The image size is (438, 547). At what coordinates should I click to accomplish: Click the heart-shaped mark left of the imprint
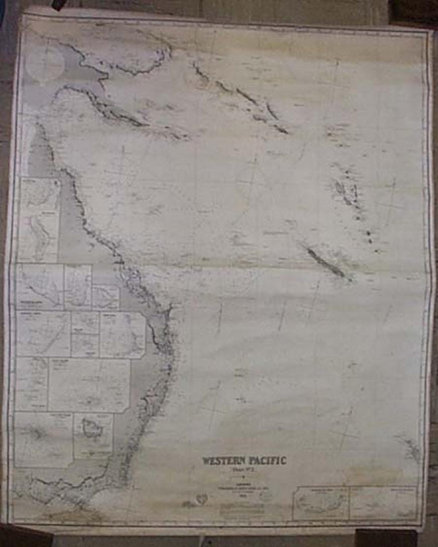201,498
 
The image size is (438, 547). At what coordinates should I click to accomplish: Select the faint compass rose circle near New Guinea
44,63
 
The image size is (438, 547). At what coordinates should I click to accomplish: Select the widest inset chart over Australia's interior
89,384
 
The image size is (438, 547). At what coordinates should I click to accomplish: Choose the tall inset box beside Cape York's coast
39,219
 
